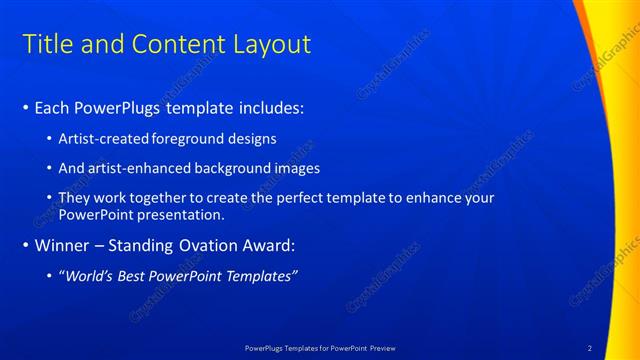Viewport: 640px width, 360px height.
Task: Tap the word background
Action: click(x=239, y=168)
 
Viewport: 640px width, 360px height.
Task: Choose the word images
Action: click(x=299, y=168)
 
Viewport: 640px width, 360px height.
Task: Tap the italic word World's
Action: click(x=88, y=276)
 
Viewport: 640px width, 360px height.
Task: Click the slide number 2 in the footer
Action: click(x=590, y=348)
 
